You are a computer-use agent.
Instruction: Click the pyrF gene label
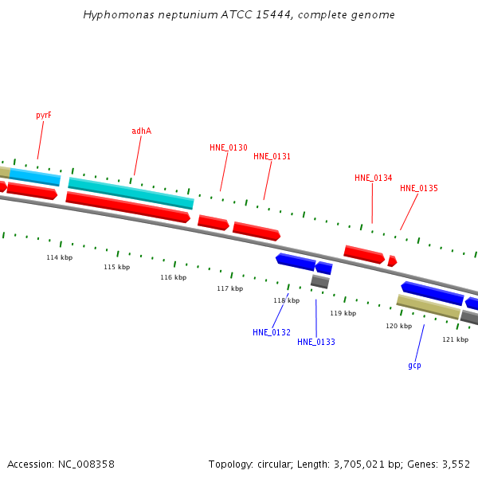(x=44, y=116)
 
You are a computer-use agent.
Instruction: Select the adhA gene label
(x=141, y=131)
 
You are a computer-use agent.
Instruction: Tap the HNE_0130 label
(x=229, y=148)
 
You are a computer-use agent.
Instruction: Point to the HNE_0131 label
(x=272, y=157)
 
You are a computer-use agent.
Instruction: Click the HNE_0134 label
(x=373, y=178)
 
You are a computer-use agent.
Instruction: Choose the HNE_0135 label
(x=419, y=189)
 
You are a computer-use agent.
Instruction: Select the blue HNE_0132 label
(x=272, y=333)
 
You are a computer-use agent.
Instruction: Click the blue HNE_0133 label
(x=316, y=343)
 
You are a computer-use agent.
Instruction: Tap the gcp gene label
(x=414, y=366)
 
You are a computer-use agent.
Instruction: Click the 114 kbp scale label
(x=59, y=258)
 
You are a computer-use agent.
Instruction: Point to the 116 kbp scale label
(x=173, y=278)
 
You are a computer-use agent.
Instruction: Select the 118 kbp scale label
(x=286, y=301)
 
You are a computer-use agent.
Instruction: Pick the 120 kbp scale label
(x=398, y=327)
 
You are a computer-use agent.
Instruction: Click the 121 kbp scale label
(x=455, y=340)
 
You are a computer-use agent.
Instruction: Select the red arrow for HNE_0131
(x=256, y=231)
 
